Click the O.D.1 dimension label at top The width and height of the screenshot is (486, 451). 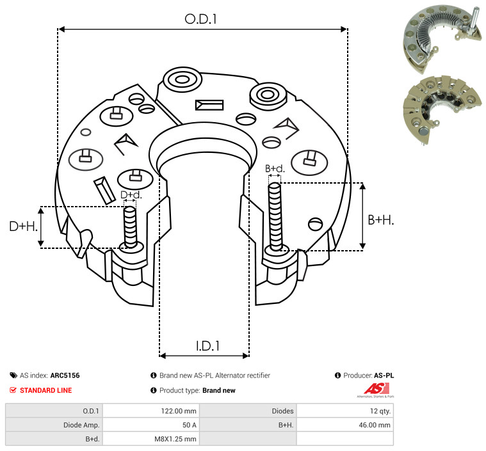coord(200,19)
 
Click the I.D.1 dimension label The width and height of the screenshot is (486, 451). coord(207,346)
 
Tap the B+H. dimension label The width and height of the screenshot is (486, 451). coord(380,220)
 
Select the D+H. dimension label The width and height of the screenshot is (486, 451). coord(23,226)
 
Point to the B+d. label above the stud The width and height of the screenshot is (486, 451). coord(275,168)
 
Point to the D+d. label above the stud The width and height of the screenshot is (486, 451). coord(131,195)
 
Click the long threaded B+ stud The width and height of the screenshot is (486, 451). coord(275,216)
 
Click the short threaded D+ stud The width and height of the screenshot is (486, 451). coord(130,227)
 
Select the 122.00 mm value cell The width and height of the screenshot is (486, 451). coord(179,411)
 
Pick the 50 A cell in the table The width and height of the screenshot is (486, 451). coord(190,425)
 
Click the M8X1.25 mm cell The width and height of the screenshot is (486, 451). coord(175,439)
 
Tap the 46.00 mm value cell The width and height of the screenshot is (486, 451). coord(375,425)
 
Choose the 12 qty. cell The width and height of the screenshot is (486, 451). coord(380,411)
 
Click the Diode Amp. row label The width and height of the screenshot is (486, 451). coord(81,425)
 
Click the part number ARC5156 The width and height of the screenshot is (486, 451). coord(65,376)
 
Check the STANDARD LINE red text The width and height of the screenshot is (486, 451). coord(46,390)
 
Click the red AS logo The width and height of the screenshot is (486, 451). coord(377,389)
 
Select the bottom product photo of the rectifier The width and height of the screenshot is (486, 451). coord(442,109)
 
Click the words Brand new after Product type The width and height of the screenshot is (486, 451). coord(219,390)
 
